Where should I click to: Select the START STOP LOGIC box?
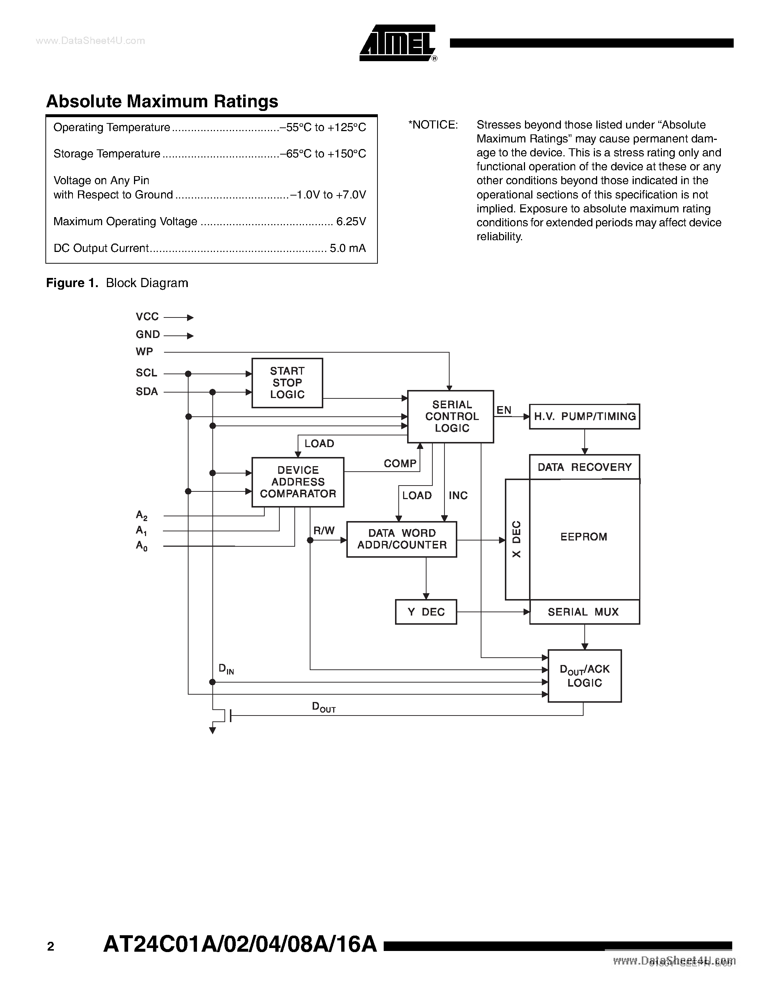click(287, 383)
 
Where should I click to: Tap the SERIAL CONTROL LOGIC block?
click(451, 416)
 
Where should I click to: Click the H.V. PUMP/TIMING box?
click(584, 416)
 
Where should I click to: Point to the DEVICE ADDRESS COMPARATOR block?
click(298, 482)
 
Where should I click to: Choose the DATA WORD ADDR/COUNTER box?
click(401, 539)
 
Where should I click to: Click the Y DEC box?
click(426, 612)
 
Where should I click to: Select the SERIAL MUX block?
click(584, 612)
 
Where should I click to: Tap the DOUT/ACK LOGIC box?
click(584, 676)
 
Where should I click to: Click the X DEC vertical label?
click(517, 539)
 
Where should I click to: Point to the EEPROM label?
click(584, 537)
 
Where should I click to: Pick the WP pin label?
click(144, 352)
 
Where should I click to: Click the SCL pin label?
click(146, 372)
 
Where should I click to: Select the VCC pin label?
click(147, 317)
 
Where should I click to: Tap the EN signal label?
click(504, 410)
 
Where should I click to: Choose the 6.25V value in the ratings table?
click(351, 222)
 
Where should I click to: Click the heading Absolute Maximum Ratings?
click(162, 101)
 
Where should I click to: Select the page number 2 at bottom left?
click(51, 947)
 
